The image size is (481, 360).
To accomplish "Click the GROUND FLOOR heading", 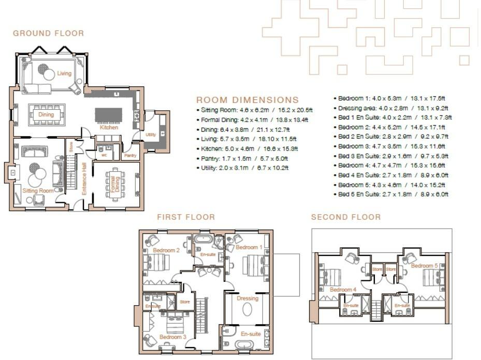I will [48, 34].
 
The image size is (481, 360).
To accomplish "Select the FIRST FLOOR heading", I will [186, 217].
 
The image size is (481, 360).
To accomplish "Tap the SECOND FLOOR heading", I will [346, 217].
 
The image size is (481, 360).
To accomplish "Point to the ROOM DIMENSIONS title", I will [247, 100].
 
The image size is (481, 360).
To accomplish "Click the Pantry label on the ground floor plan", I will [130, 155].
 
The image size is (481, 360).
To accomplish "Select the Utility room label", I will [151, 134].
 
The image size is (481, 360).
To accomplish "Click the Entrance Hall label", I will [83, 178].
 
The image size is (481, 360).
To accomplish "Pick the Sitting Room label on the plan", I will [38, 191].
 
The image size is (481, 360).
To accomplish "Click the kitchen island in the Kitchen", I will [109, 115].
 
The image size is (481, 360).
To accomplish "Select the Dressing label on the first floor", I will [247, 298].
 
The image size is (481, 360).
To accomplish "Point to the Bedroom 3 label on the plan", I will [173, 337].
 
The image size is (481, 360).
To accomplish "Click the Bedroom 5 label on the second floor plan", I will [425, 266].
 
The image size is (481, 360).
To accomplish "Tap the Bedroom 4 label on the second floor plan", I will [342, 290].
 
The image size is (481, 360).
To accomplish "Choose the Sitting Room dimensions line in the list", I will [255, 110].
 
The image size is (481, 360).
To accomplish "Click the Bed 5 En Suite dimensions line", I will [392, 194].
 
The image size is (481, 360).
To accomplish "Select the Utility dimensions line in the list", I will [242, 168].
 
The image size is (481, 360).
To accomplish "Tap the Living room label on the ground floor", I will [64, 73].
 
